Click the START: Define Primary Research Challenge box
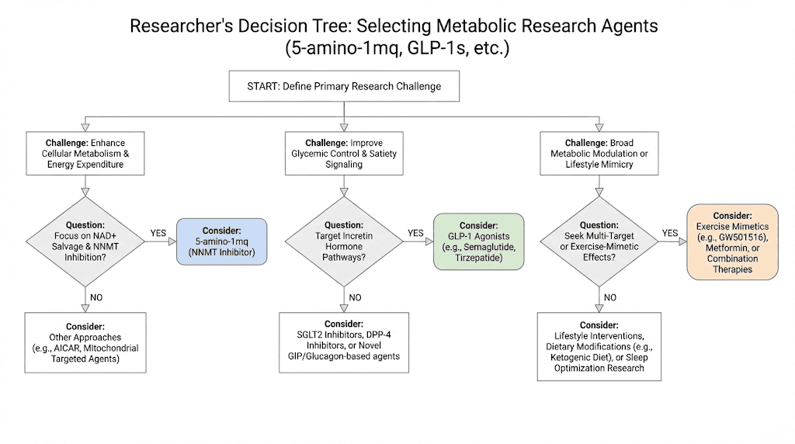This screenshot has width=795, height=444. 343,86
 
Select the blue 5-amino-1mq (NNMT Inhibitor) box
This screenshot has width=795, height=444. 221,243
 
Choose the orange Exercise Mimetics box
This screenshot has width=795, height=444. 732,242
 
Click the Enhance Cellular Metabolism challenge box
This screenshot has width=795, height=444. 85,154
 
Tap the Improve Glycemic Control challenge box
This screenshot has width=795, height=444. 343,154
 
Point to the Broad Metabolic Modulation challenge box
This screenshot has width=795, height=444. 599,154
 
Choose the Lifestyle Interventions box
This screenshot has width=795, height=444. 599,346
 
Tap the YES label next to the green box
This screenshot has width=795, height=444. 415,232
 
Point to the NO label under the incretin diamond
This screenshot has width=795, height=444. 355,297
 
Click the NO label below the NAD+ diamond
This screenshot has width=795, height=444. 96,297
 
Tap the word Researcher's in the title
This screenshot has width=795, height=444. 179,26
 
